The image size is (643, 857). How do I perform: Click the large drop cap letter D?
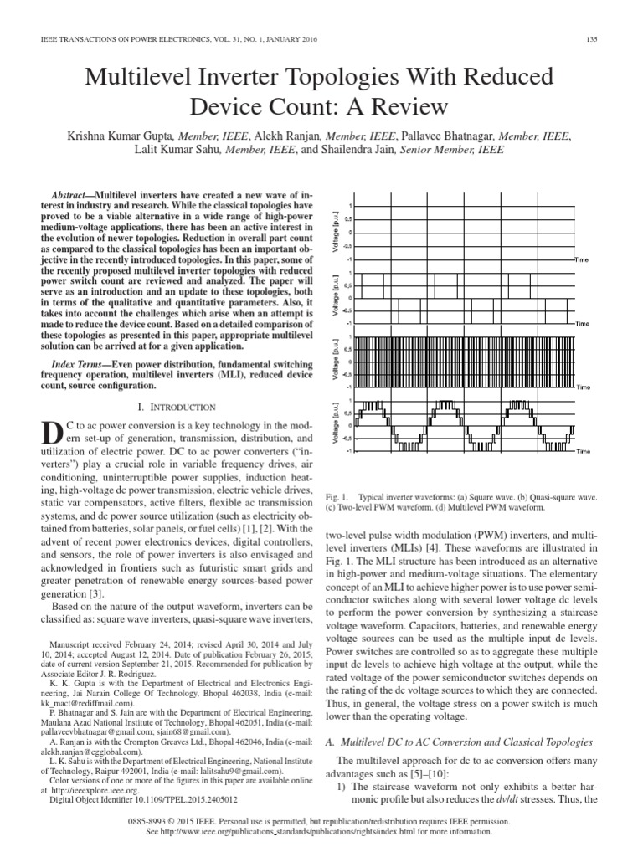[x=52, y=436]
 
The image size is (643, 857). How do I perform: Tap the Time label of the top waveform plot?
[x=581, y=260]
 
